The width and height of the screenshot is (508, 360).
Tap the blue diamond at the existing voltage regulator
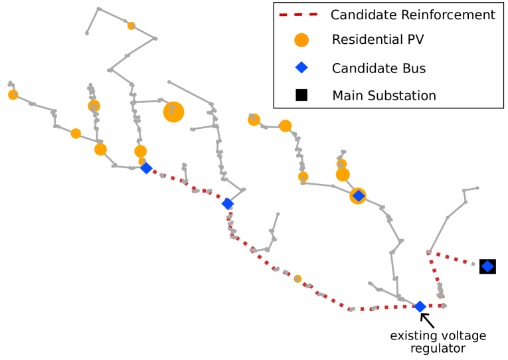(x=420, y=306)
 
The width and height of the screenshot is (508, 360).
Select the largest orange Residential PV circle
(x=173, y=112)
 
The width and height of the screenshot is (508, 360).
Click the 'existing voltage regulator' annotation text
(x=438, y=342)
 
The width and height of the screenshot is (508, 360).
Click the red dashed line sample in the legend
(x=298, y=15)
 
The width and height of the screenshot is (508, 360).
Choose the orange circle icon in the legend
(x=301, y=40)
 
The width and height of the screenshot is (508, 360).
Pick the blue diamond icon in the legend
(x=301, y=67)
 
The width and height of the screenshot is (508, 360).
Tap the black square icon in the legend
(x=301, y=95)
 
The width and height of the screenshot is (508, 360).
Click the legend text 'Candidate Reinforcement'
(x=412, y=15)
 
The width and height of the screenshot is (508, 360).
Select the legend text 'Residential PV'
(x=377, y=40)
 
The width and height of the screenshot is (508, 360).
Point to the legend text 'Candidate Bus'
(x=379, y=68)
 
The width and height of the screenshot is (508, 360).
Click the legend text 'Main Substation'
(x=384, y=96)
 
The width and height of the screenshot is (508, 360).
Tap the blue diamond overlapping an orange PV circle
(x=358, y=196)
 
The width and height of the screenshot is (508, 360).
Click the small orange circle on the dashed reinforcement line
(x=297, y=278)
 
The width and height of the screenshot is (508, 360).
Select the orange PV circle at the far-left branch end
(x=13, y=95)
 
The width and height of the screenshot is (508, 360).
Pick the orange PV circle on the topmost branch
(x=131, y=26)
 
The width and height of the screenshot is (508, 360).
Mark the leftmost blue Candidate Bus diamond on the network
(x=146, y=169)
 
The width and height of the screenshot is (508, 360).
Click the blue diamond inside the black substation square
(x=487, y=266)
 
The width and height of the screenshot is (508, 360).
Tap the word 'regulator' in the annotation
(x=438, y=348)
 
